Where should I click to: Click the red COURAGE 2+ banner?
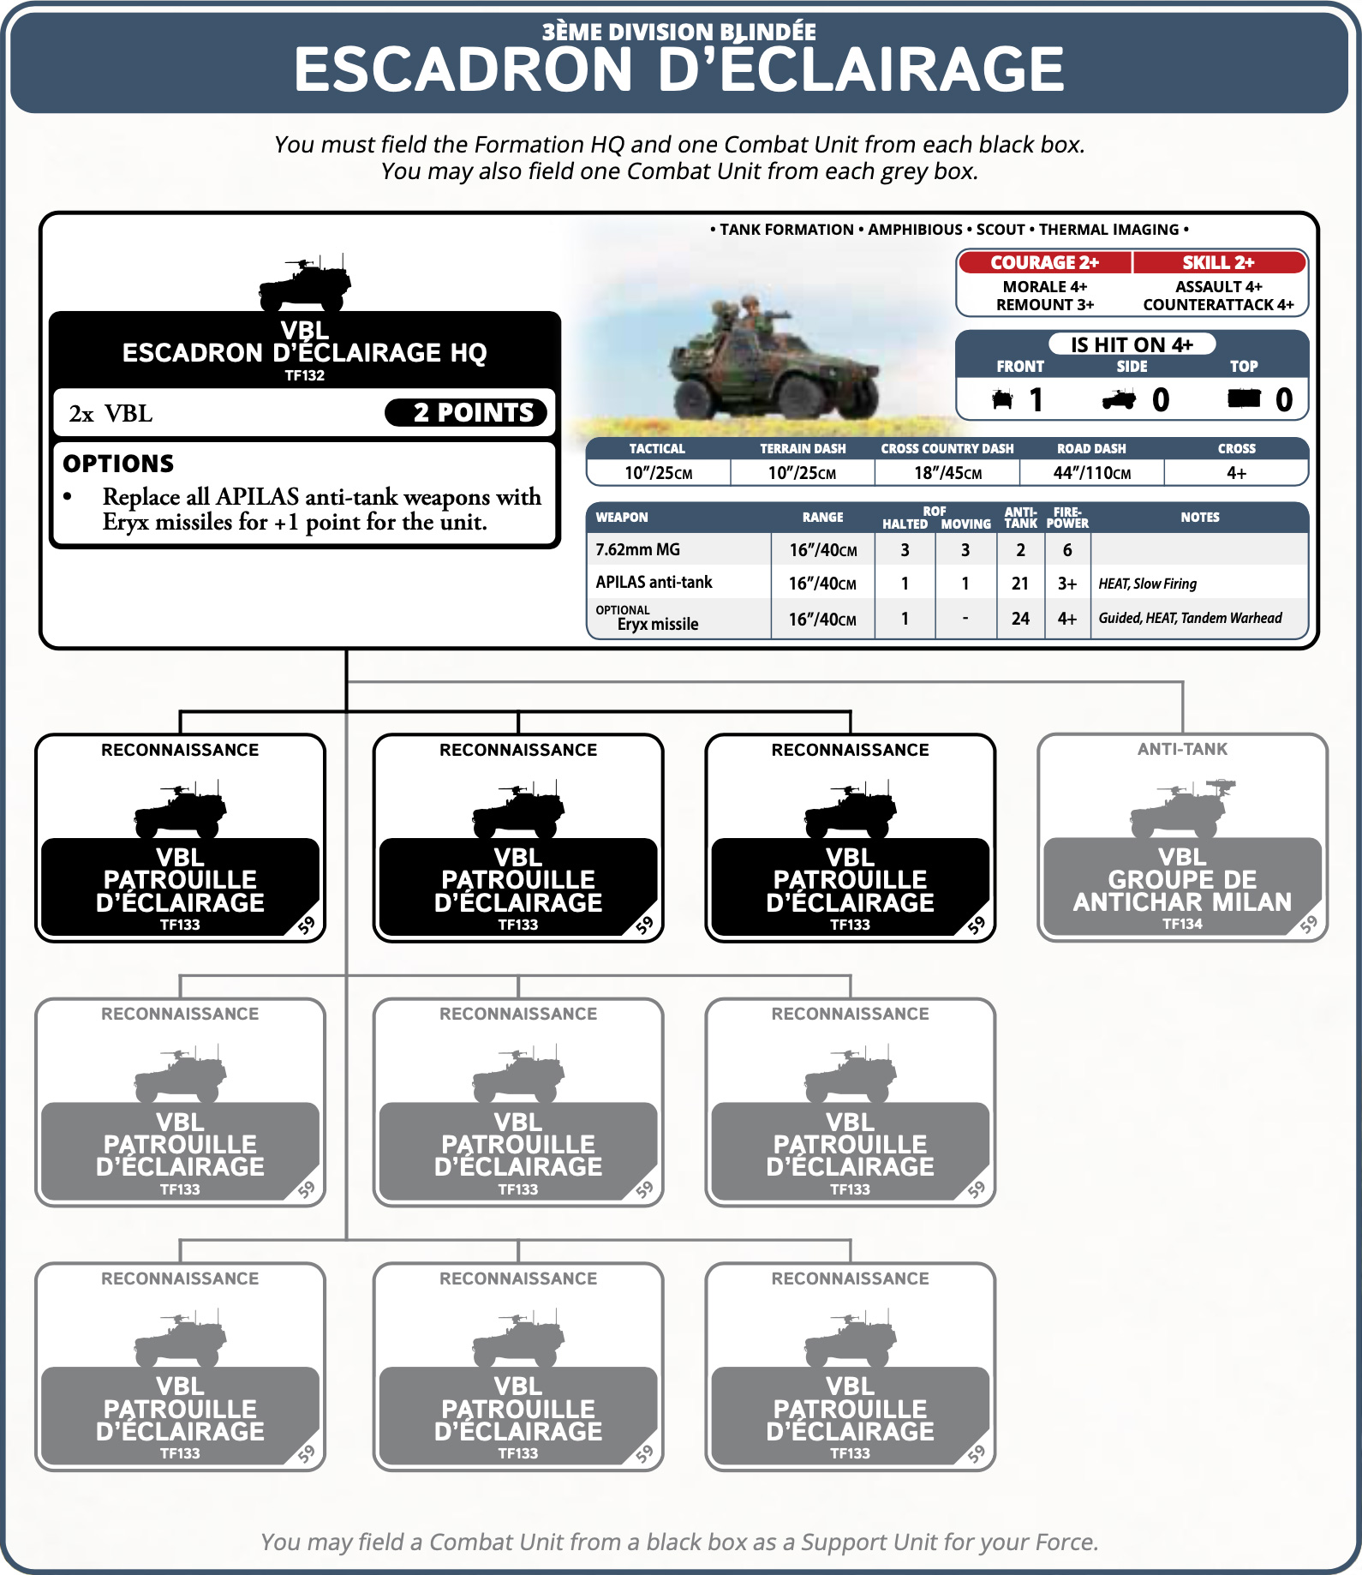[x=1044, y=262]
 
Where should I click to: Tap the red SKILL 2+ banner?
[x=1218, y=262]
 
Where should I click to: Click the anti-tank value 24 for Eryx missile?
[x=1020, y=619]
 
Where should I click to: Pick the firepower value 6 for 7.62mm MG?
[x=1067, y=550]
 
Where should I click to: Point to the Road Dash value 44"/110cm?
[x=1091, y=473]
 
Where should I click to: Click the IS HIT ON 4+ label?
[x=1132, y=344]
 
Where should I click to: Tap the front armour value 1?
[x=1036, y=400]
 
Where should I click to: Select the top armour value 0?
[x=1283, y=400]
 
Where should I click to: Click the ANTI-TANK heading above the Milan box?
[x=1182, y=749]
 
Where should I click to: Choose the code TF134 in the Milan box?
[x=1182, y=924]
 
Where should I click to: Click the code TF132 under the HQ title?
[x=305, y=375]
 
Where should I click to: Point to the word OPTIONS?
[x=118, y=464]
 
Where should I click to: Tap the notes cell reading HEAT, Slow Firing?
[x=1148, y=584]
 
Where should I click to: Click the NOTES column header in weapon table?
[x=1199, y=518]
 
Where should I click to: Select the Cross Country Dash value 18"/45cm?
[x=947, y=473]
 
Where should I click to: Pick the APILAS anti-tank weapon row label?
[x=654, y=583]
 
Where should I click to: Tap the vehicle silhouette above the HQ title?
[x=305, y=283]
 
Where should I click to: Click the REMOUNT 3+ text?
[x=1044, y=305]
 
